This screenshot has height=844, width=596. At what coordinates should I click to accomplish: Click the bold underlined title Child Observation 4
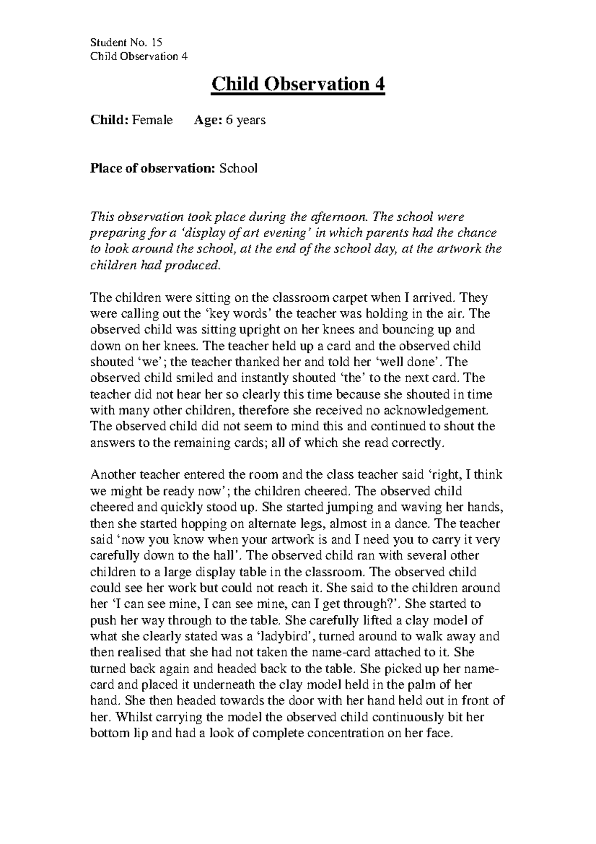[298, 84]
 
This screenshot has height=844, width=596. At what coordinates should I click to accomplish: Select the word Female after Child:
[152, 120]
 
